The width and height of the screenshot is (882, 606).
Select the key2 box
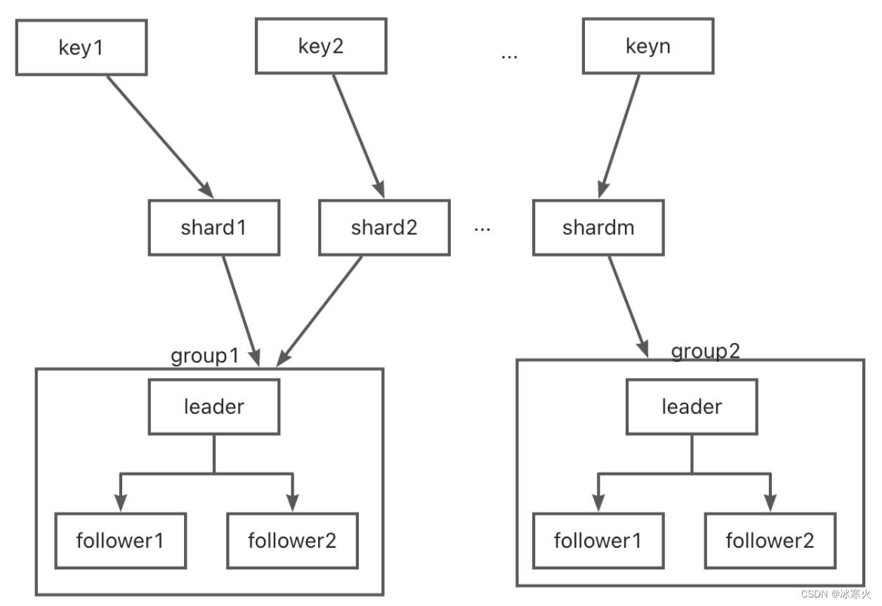point(320,46)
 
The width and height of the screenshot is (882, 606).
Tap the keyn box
point(647,46)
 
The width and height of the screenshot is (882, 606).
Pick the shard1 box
point(213,227)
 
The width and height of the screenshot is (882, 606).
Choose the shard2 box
point(384,227)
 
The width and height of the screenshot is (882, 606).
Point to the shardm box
point(598,227)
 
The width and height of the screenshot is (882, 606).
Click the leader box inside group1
point(213,407)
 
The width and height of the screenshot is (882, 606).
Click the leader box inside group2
point(692,407)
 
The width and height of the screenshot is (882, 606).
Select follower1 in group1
point(120,540)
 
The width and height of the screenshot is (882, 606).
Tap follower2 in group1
point(292,540)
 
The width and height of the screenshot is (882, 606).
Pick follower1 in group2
point(598,540)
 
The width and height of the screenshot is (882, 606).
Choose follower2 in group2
point(770,540)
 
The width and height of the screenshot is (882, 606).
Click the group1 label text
point(205,356)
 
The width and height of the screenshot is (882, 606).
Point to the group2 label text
point(705,351)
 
